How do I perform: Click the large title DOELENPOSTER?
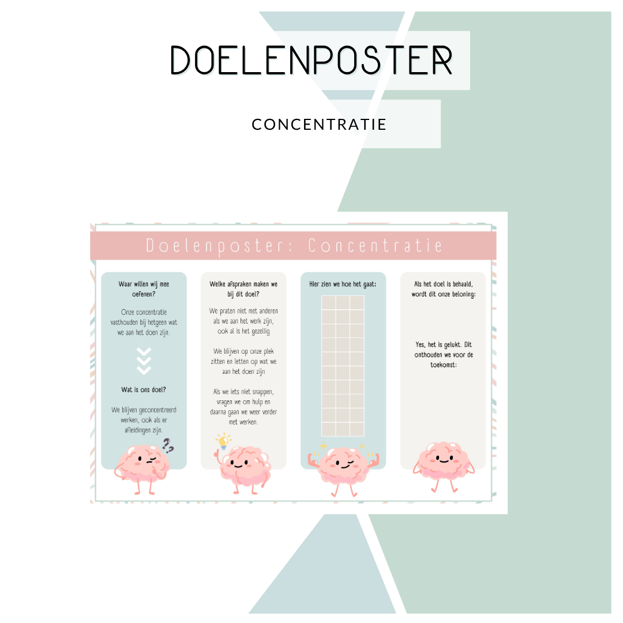point(311,60)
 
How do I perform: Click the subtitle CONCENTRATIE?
point(319,124)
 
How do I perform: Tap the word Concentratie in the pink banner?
point(376,246)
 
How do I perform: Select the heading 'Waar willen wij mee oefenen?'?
point(144,288)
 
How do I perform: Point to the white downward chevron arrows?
point(144,361)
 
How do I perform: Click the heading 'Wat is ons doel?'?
point(144,389)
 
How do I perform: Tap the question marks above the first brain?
point(168,445)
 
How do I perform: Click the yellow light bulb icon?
point(223,442)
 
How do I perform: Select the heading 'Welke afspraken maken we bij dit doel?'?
point(243,288)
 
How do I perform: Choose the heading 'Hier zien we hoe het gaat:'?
point(343,284)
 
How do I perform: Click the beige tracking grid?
point(343,366)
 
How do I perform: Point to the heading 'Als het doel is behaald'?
point(443,284)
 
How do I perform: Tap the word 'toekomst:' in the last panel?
point(443,365)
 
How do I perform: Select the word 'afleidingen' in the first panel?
point(130,430)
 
